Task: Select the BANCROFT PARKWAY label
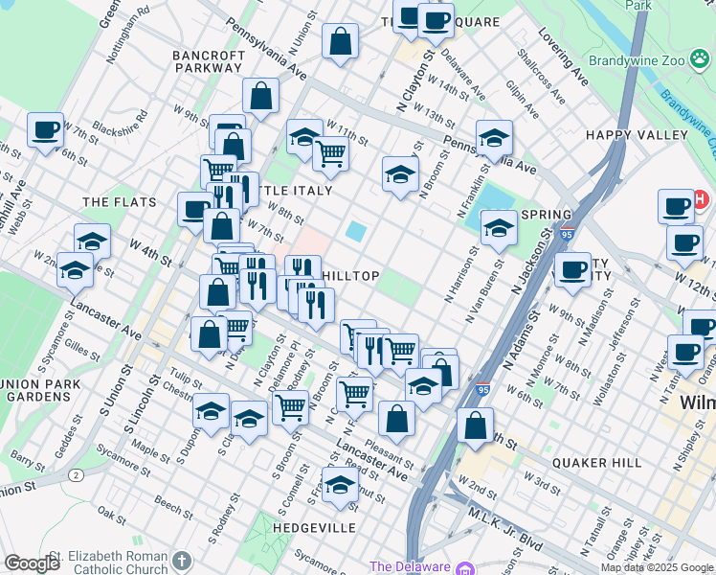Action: point(208,61)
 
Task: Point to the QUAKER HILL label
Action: point(600,463)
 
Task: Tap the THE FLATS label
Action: point(113,202)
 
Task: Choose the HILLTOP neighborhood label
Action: point(350,276)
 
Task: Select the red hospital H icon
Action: point(700,200)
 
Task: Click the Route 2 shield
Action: point(74,474)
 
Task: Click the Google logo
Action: point(32,563)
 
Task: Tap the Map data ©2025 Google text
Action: point(658,567)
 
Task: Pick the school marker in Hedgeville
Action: point(339,486)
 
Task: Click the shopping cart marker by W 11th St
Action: point(330,151)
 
